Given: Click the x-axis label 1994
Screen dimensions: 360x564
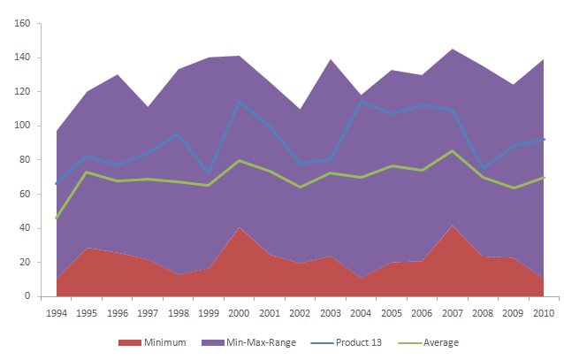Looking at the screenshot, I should [x=57, y=312].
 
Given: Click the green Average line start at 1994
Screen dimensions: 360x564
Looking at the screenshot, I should [x=57, y=218].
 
